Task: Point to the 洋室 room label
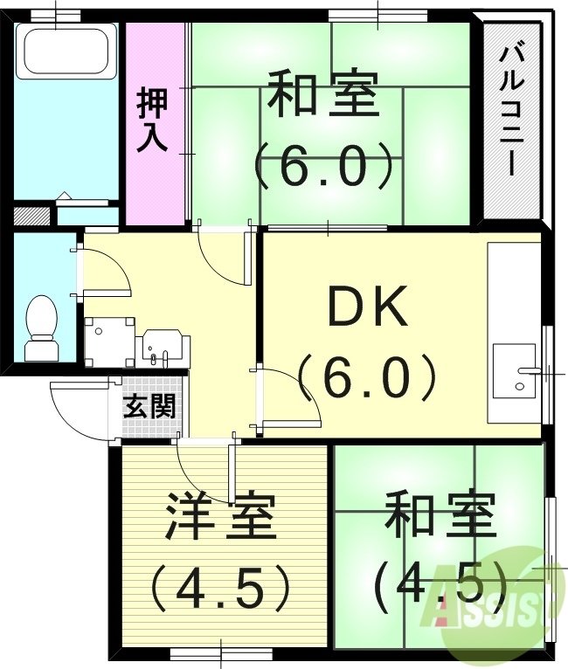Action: tap(221, 517)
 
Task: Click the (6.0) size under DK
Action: tap(366, 378)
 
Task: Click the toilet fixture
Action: tap(40, 328)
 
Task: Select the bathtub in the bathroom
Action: tap(66, 52)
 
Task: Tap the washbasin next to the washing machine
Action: tap(161, 347)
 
